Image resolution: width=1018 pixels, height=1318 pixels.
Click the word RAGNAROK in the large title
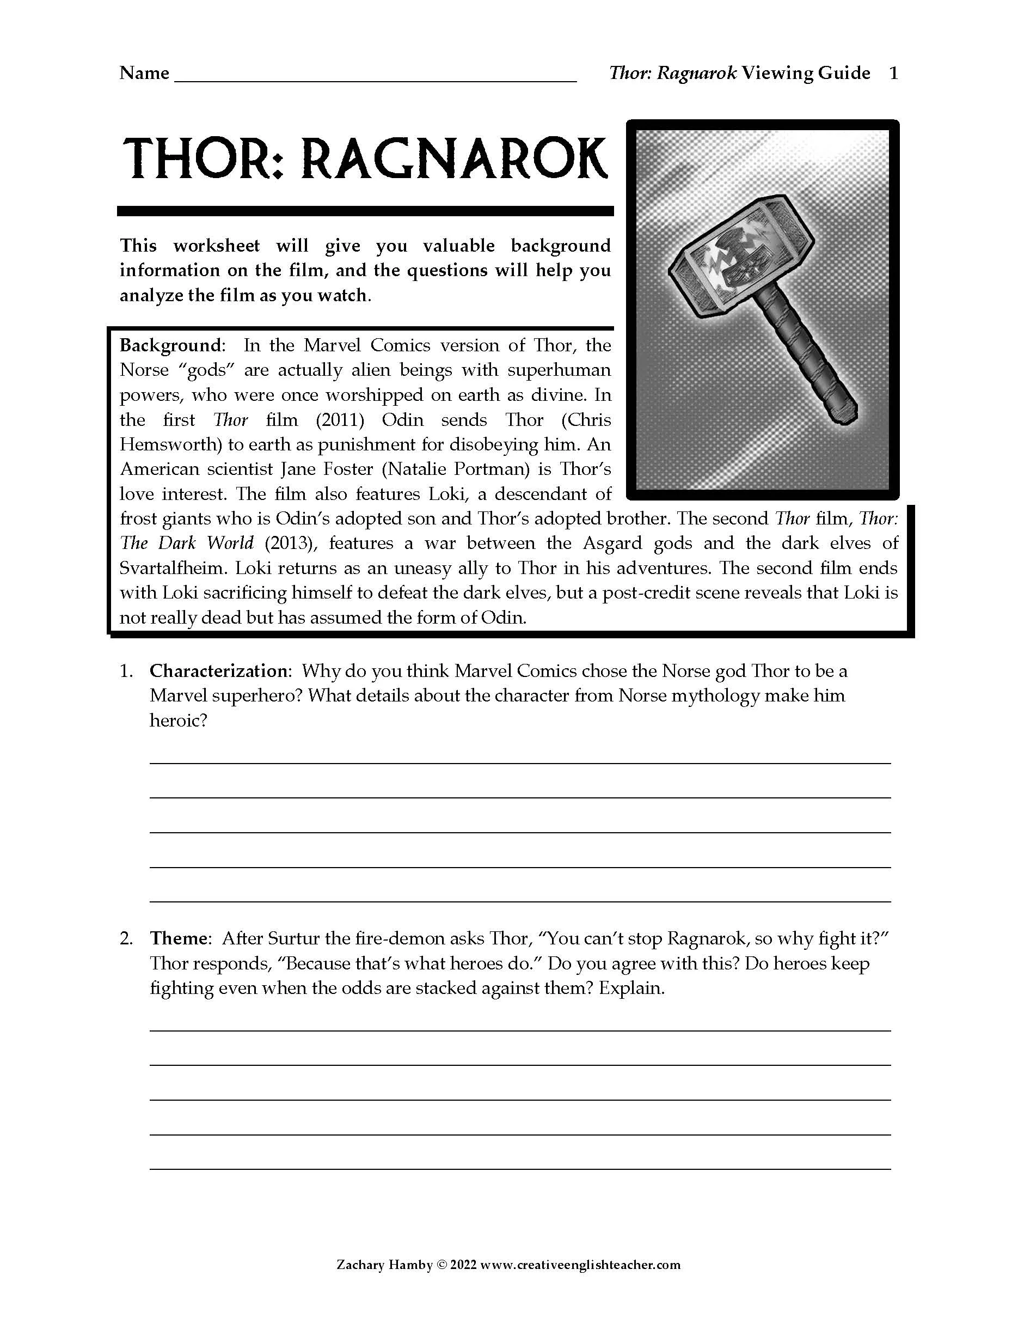[453, 160]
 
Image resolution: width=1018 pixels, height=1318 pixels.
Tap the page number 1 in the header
[894, 73]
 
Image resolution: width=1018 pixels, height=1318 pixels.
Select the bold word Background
[171, 345]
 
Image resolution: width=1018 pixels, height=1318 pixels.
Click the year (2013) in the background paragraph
[290, 543]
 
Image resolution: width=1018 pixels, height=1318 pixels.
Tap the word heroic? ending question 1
[179, 720]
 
